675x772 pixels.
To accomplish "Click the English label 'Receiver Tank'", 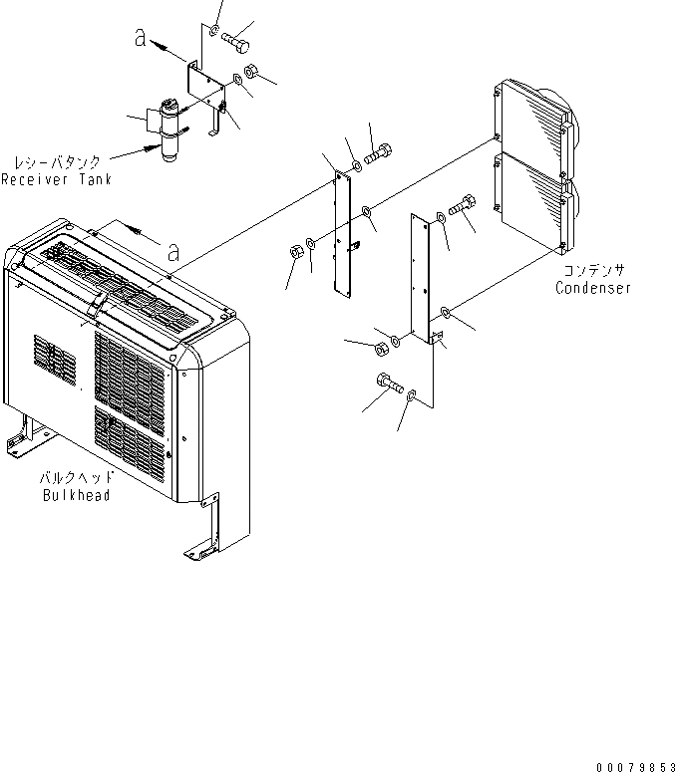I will [x=56, y=180].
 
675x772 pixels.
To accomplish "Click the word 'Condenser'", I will [x=593, y=289].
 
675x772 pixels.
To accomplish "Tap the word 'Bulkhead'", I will [x=76, y=495].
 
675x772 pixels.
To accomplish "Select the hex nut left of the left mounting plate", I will [x=297, y=250].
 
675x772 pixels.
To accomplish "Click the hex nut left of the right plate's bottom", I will [x=380, y=348].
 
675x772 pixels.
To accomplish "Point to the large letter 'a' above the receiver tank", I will [x=143, y=37].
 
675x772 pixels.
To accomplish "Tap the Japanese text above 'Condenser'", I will [x=594, y=270].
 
